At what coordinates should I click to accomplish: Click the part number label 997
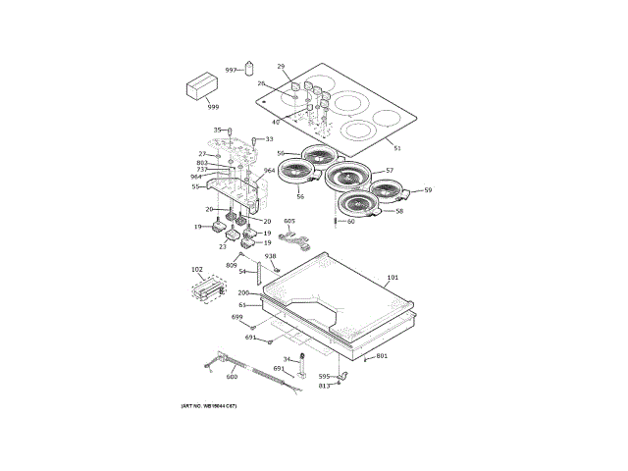tap(231, 71)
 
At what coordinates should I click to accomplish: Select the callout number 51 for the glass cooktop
tap(396, 148)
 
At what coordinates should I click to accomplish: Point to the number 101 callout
tap(392, 279)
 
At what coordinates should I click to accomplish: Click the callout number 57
tap(389, 171)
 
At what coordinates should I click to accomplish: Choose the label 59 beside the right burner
tap(427, 190)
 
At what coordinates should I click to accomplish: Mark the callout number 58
tap(399, 211)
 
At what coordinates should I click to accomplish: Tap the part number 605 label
tap(289, 222)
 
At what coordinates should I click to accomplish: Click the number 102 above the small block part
tap(196, 270)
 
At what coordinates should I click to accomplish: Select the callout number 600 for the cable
tap(232, 377)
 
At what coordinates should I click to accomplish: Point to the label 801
tap(382, 355)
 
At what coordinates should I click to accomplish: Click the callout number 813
tap(324, 386)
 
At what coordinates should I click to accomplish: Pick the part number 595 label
tap(324, 377)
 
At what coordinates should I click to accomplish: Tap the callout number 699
tap(236, 317)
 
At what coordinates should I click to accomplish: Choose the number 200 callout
tap(242, 293)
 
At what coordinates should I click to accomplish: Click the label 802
tap(201, 163)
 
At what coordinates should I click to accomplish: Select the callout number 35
tap(218, 130)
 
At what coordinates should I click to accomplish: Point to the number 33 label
tap(269, 139)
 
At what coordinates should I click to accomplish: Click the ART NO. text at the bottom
tap(208, 405)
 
